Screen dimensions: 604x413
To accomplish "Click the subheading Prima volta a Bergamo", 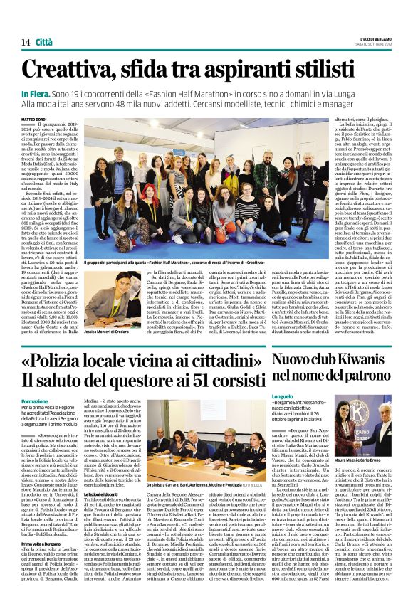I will click(46, 523).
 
